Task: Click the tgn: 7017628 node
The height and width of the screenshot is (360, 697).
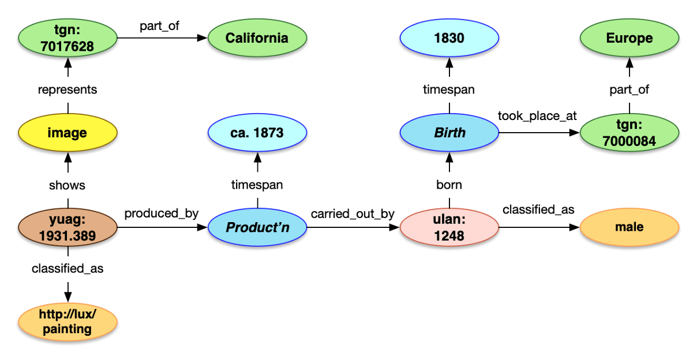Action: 68,39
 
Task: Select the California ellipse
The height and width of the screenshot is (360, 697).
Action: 257,39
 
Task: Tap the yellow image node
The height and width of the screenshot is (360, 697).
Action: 68,133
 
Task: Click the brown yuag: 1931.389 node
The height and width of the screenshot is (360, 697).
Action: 68,228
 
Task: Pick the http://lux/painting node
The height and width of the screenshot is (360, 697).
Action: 68,322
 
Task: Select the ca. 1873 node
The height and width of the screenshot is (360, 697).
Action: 257,133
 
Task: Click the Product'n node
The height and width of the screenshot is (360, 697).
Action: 257,228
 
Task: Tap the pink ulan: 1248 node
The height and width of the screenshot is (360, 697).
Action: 449,228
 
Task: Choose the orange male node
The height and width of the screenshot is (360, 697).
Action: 629,228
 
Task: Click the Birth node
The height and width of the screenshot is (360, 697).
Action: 449,133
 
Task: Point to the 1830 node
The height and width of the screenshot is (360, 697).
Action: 449,39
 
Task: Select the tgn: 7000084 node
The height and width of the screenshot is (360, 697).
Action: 629,133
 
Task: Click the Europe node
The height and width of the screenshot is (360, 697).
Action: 629,39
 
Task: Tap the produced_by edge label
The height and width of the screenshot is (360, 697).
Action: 162,213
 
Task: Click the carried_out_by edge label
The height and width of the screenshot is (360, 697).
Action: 353,214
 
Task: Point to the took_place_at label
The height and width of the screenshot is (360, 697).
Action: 537,116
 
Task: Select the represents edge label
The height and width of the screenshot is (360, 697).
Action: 68,89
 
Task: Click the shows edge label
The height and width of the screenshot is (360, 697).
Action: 68,185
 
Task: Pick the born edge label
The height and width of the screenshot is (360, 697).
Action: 449,185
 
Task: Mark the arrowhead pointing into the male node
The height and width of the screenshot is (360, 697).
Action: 574,228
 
